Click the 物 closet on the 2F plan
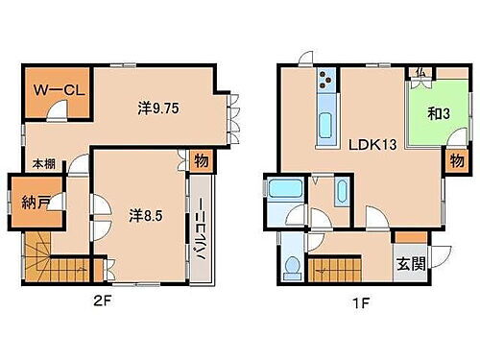pos(200,161)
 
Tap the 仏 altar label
pos(422,73)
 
